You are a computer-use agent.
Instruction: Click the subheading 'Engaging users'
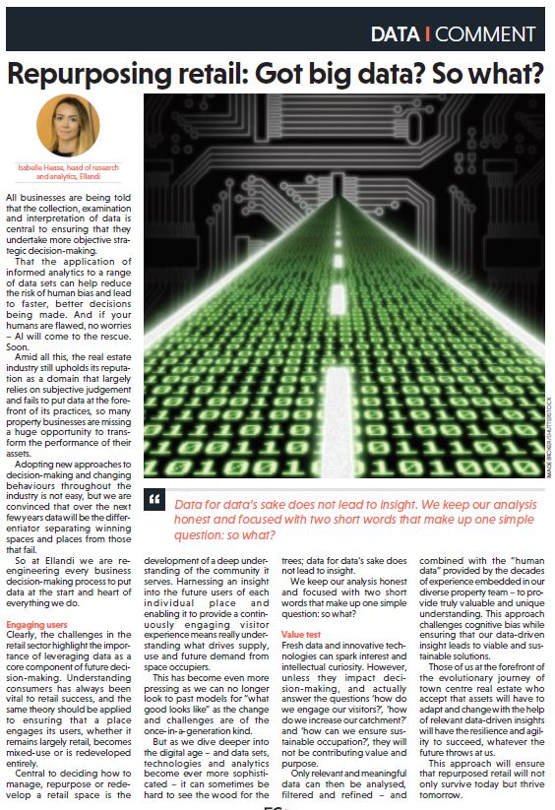37,624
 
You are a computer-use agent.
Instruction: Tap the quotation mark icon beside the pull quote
154,502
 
